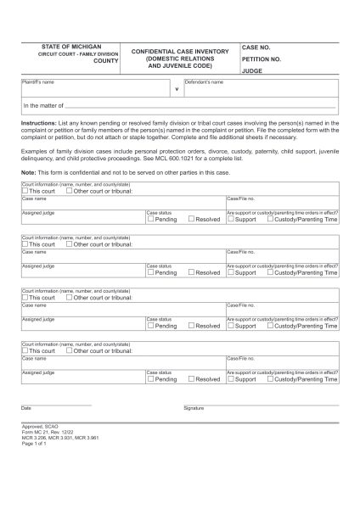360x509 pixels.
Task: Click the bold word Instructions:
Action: [38, 122]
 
